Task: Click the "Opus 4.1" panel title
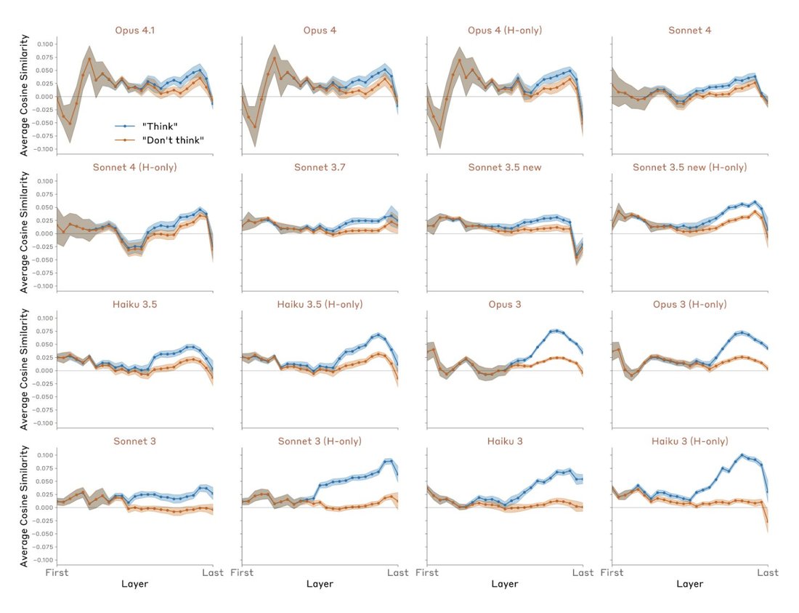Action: [x=134, y=30]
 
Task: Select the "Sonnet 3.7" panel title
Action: [x=320, y=167]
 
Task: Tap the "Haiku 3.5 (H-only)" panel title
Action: [x=320, y=305]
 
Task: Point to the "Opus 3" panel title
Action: [x=505, y=305]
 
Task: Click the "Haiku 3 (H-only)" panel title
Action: [x=689, y=441]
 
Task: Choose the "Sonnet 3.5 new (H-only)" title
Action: [x=689, y=167]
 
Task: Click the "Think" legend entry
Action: [x=160, y=126]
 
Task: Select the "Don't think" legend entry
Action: [x=173, y=140]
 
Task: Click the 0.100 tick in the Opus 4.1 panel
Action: [x=44, y=44]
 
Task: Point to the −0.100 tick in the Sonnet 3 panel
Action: [x=43, y=560]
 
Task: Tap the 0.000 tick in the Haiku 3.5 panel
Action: [x=44, y=371]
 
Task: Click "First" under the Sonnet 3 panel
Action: [x=57, y=573]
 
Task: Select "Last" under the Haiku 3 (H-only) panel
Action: [x=768, y=573]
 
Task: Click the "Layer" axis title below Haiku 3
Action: [x=505, y=584]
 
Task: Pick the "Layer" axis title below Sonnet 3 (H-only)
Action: [x=320, y=584]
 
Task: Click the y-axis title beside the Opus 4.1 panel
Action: [x=24, y=95]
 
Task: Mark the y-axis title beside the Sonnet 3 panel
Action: [x=24, y=506]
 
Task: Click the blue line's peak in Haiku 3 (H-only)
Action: [x=742, y=455]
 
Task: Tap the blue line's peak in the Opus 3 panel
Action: [x=557, y=330]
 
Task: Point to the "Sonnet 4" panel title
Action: [x=689, y=30]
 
